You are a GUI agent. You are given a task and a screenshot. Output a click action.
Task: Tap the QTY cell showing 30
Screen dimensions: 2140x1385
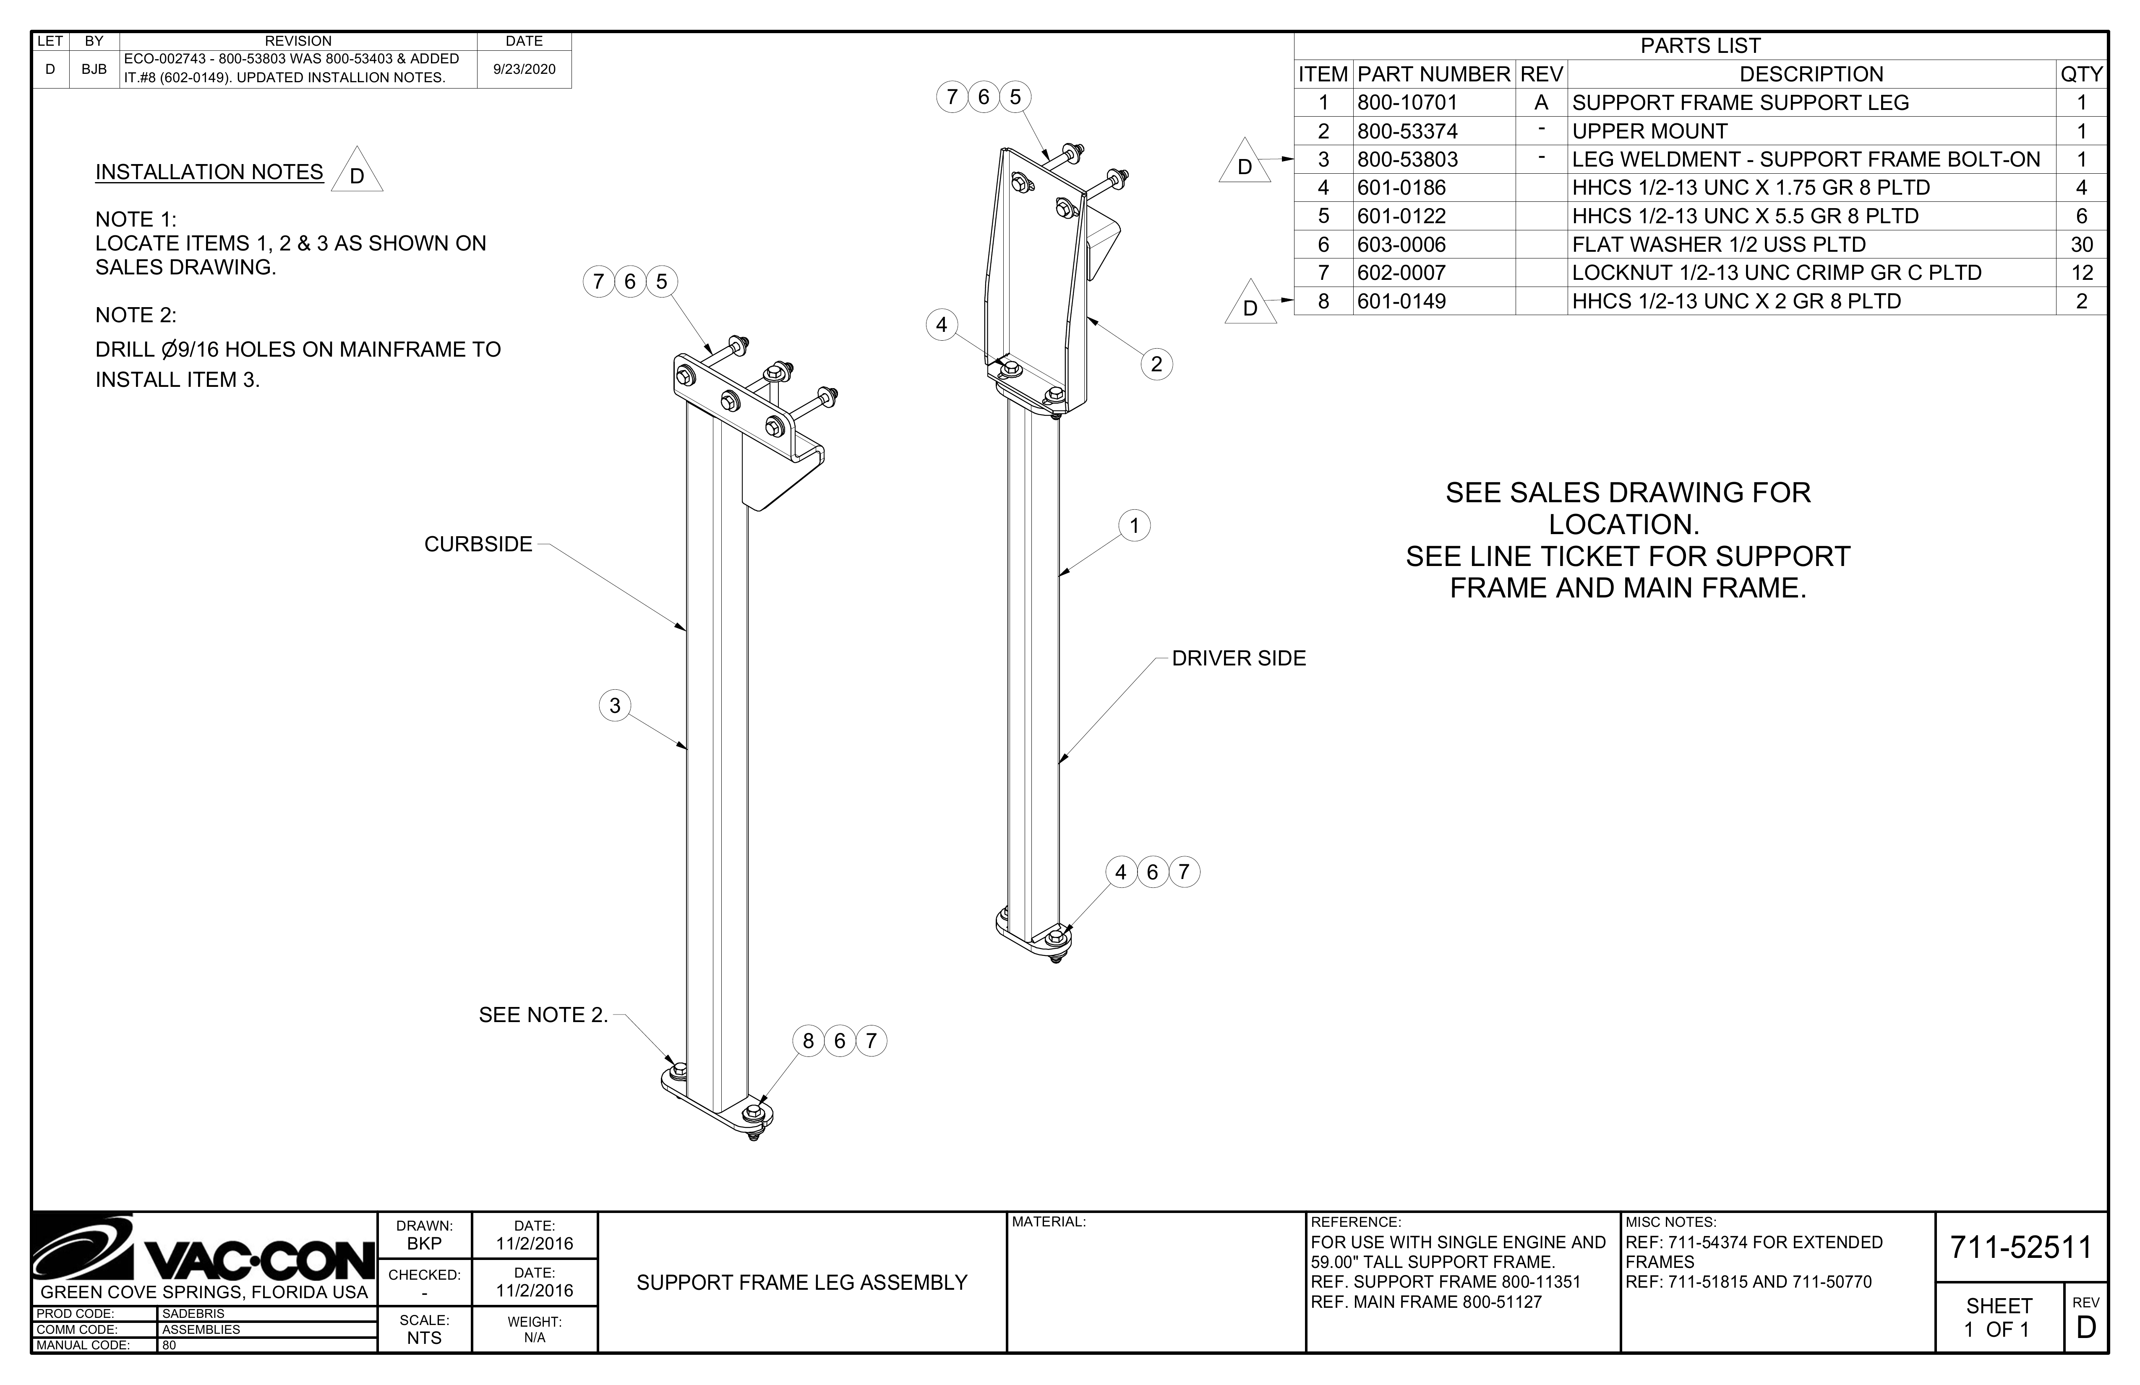[x=2082, y=245]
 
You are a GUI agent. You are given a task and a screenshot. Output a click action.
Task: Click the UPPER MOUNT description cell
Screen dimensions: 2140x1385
[x=1650, y=131]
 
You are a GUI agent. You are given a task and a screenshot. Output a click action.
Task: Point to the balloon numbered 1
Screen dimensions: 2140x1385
[x=1135, y=525]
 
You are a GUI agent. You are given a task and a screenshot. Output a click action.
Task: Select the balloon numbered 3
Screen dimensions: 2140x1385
[x=615, y=705]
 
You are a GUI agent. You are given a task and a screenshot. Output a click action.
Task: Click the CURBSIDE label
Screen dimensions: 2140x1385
[x=478, y=544]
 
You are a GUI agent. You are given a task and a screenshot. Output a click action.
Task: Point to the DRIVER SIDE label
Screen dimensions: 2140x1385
[x=1239, y=658]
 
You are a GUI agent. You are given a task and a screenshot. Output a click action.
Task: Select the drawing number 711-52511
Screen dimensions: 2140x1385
[x=2020, y=1247]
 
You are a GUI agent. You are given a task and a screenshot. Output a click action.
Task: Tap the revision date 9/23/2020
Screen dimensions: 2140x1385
[x=524, y=69]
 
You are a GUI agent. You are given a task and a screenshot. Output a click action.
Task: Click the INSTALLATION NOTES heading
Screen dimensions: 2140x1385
[x=209, y=172]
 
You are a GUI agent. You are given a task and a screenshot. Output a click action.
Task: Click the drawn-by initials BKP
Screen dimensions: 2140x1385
[x=424, y=1244]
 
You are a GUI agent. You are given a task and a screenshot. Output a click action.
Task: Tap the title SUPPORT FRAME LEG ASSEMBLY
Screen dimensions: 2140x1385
[x=802, y=1283]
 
